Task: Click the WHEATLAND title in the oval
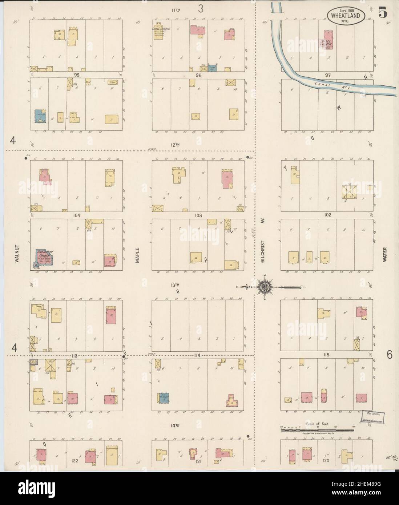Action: click(346, 15)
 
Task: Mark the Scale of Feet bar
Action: click(317, 430)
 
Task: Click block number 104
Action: click(76, 215)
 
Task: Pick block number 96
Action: click(198, 75)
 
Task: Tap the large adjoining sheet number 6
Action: click(389, 355)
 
